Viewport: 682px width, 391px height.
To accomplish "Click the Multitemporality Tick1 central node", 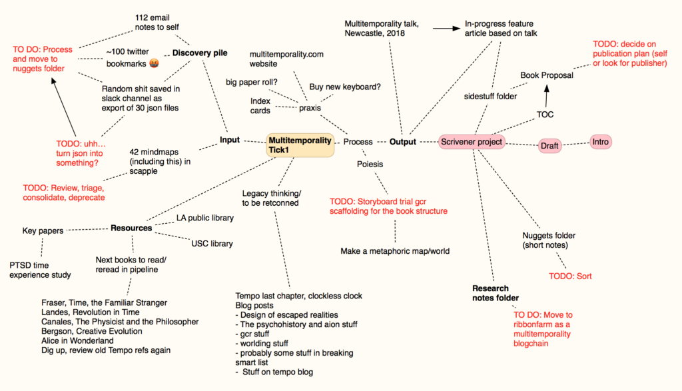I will (300, 145).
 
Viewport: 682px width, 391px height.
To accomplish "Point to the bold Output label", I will (403, 142).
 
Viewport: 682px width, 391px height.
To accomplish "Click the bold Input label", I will (230, 140).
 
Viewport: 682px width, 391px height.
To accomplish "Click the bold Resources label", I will (131, 228).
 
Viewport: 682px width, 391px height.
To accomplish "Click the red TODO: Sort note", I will (570, 276).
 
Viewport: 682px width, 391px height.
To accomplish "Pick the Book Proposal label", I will (547, 75).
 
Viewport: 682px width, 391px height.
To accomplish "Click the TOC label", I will (545, 115).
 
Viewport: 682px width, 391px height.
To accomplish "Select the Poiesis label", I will (370, 163).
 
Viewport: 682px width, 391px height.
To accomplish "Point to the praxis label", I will (310, 107).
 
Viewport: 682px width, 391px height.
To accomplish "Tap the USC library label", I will (212, 244).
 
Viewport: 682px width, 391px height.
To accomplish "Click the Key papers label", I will (43, 231).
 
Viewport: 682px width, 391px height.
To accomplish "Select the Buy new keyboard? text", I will (345, 87).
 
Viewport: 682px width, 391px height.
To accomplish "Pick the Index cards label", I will (260, 105).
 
